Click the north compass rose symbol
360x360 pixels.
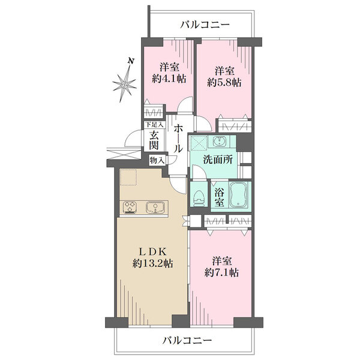[x=125, y=84]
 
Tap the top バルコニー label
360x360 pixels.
[x=205, y=25]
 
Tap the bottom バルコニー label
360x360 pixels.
[x=187, y=340]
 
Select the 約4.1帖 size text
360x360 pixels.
[x=169, y=79]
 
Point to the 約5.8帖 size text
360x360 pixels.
[x=224, y=82]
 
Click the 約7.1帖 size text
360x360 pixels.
[x=221, y=273]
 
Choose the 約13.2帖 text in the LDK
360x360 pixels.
[x=153, y=263]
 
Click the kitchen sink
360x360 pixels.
[x=155, y=208]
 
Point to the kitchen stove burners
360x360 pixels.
[x=130, y=208]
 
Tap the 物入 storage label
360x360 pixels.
[x=157, y=160]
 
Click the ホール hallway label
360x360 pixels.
[x=178, y=139]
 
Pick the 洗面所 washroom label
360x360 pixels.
[x=218, y=160]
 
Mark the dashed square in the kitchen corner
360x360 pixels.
[x=128, y=177]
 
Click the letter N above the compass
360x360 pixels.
[x=131, y=61]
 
